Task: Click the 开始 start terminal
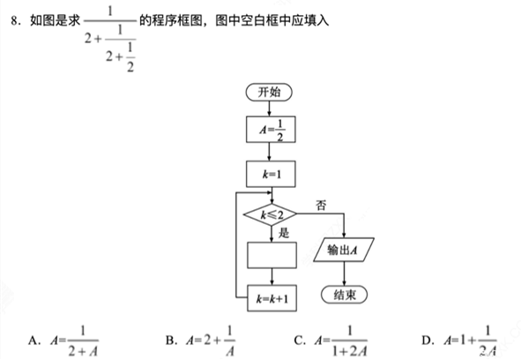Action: [x=269, y=92]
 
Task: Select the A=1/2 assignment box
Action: [x=271, y=130]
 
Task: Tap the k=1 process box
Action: [x=271, y=174]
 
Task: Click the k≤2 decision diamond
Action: [x=271, y=214]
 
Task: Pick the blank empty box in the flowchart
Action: [x=272, y=255]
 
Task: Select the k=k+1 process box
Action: [x=272, y=298]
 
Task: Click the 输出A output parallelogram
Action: [x=344, y=250]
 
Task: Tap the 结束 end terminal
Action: [x=344, y=295]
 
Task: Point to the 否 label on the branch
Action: [x=321, y=205]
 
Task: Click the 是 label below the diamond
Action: [x=284, y=233]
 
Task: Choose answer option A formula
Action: [x=74, y=341]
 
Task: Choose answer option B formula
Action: [x=211, y=341]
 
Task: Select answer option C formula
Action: [x=340, y=341]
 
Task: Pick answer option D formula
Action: [x=471, y=341]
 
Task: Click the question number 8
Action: [x=14, y=20]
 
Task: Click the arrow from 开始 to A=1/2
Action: [x=269, y=109]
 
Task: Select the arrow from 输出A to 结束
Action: [x=344, y=274]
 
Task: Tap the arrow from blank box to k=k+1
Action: [x=272, y=276]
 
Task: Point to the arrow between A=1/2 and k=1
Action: [x=269, y=152]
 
